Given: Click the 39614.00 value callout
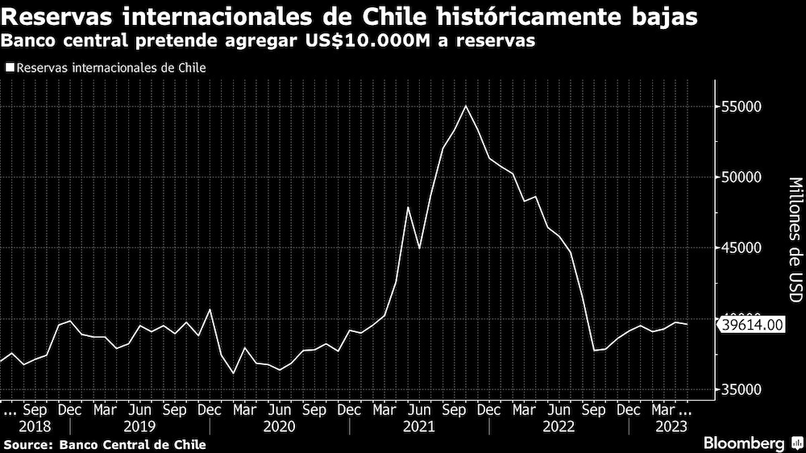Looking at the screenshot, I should point(752,324).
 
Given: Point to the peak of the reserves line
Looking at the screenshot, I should point(466,106).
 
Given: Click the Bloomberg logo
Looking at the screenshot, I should point(744,443).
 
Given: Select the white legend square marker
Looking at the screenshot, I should point(9,69).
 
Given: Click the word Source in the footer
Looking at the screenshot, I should point(25,444).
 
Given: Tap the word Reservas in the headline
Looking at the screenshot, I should point(63,17).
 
